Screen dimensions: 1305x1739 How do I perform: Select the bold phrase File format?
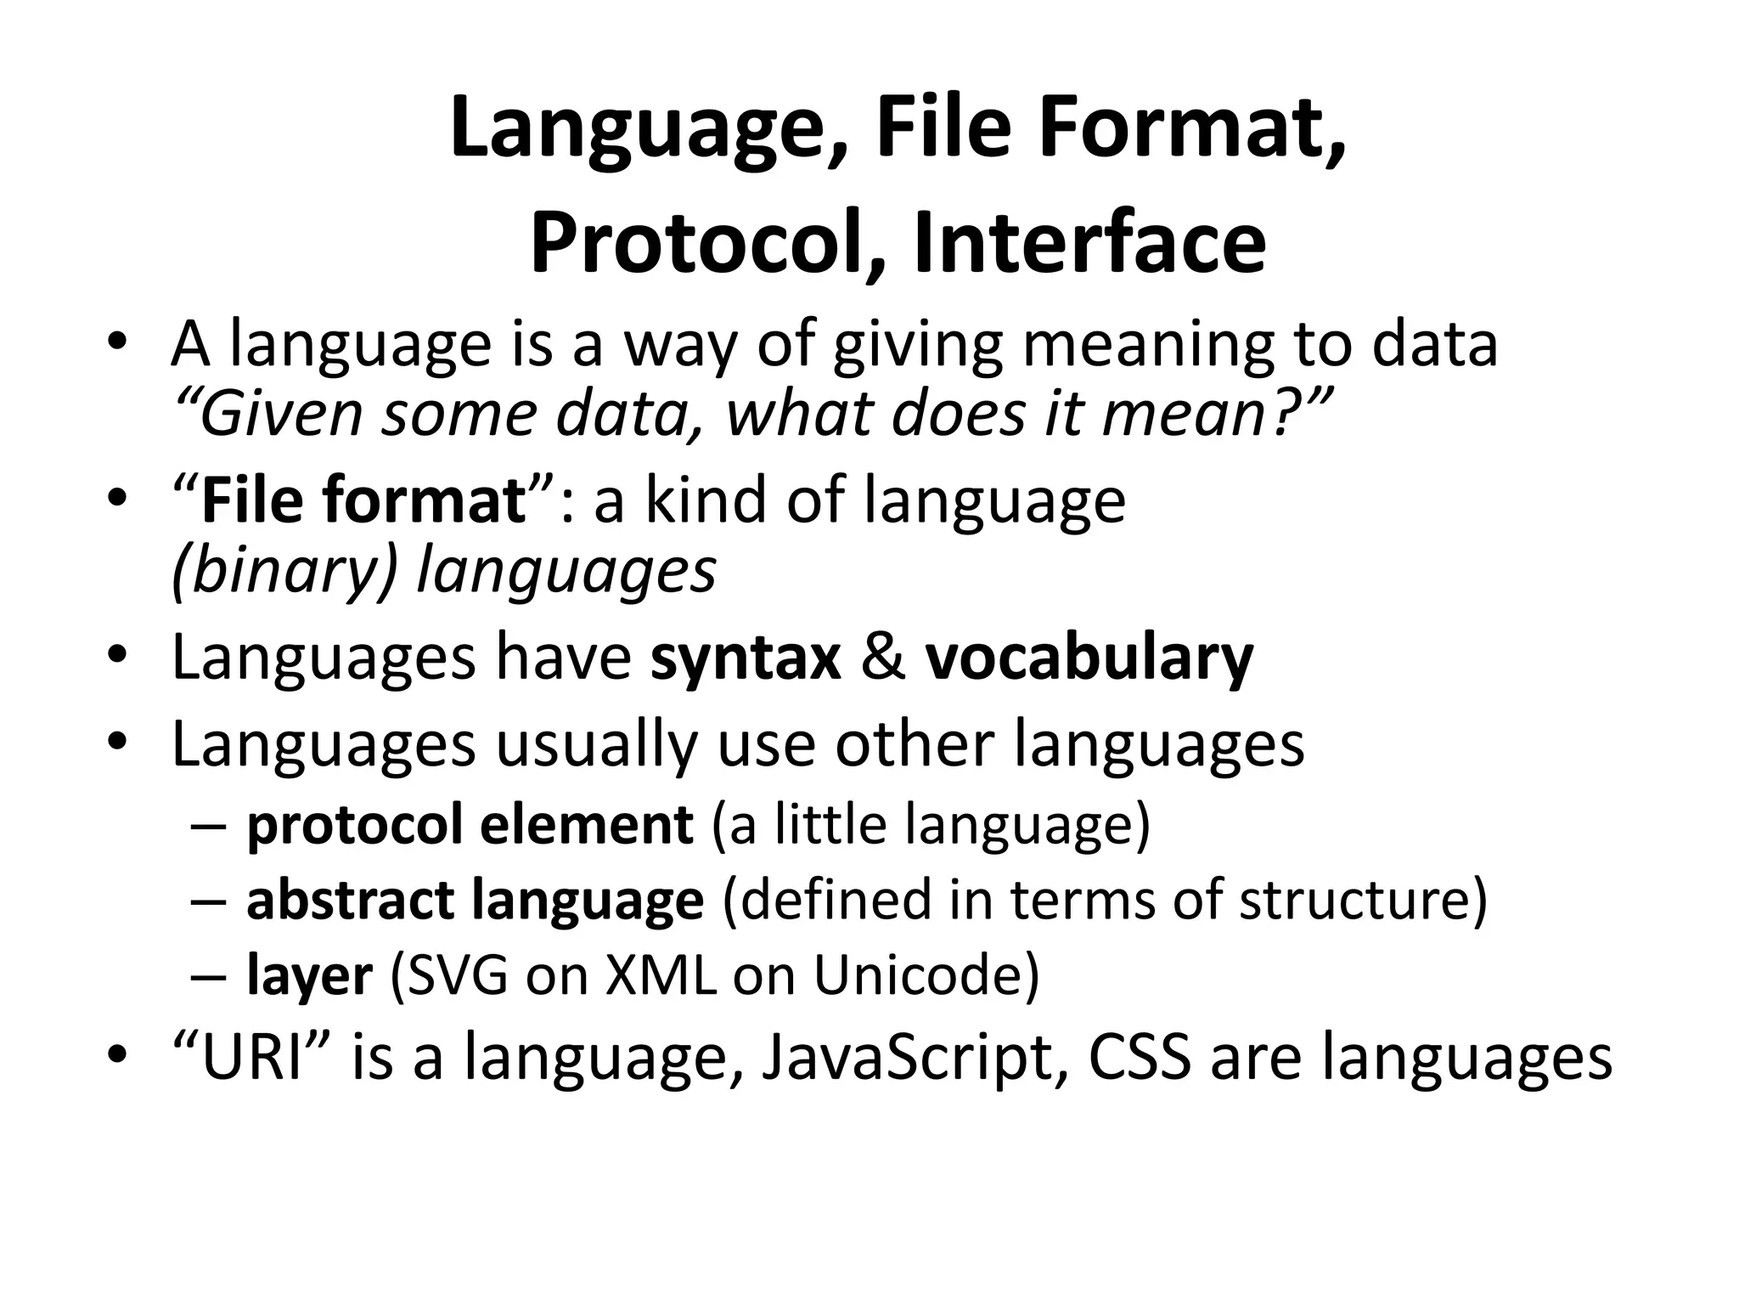[364, 500]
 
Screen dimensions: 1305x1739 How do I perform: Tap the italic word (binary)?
[284, 571]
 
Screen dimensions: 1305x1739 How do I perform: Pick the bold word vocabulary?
[1089, 658]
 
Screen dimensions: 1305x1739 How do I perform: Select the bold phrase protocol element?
[470, 824]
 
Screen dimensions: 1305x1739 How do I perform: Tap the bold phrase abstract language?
[475, 900]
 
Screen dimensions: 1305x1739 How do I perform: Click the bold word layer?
[309, 975]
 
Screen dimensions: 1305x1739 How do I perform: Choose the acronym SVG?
[458, 975]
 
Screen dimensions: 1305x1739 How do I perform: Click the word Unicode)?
[926, 975]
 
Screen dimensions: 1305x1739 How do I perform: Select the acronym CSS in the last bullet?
[1140, 1058]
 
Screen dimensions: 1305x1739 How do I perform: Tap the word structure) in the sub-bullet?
[1363, 900]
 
